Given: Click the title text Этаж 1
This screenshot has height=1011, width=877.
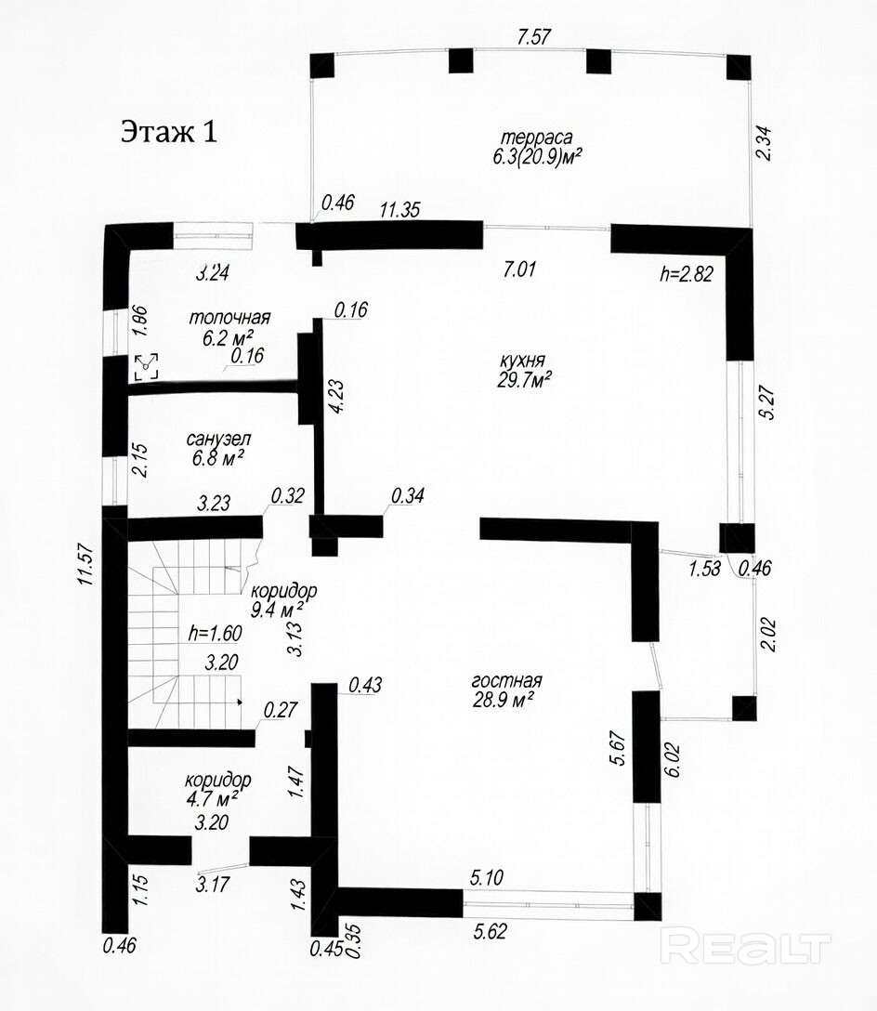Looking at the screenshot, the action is click(x=169, y=132).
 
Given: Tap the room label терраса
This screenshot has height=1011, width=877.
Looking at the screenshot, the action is click(x=536, y=138).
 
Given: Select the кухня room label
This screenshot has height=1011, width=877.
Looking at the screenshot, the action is click(x=522, y=361).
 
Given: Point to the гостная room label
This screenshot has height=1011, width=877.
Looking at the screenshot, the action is click(x=506, y=681).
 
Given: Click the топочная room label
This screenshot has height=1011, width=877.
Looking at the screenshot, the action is click(x=229, y=318).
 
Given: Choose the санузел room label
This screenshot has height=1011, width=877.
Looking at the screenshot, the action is click(x=218, y=440).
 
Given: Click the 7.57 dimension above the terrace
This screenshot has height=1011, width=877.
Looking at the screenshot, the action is click(x=534, y=37).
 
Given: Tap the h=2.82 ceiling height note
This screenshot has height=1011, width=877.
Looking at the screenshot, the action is click(x=686, y=273).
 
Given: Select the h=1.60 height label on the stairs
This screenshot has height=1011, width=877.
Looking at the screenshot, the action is click(x=216, y=633).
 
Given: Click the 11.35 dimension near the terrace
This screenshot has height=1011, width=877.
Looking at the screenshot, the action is click(x=399, y=210).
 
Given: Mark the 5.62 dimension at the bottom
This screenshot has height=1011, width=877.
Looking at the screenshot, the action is click(x=491, y=931).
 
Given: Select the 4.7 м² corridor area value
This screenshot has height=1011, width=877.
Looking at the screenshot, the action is click(x=216, y=797).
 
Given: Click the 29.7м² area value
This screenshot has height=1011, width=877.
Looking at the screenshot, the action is click(x=523, y=380).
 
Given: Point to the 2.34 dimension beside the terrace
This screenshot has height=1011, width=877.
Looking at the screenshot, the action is click(x=764, y=143).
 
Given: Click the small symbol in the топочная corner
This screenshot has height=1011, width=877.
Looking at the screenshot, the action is click(x=147, y=367).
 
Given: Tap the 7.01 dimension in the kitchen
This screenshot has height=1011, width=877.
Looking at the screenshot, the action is click(x=519, y=269).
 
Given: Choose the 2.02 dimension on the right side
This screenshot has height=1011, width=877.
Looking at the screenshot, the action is click(x=768, y=635).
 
